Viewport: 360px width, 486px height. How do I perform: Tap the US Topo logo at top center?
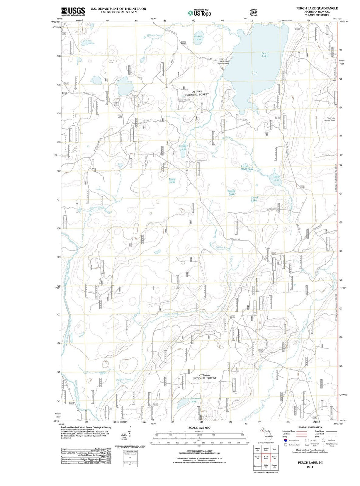tap(199, 13)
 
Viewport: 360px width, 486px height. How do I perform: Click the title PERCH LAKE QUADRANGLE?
tap(317, 8)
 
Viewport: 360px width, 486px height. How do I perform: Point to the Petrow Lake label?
tap(198, 38)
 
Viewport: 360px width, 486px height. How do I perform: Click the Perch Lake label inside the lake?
tap(265, 55)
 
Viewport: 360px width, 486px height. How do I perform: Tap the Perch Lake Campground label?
tap(224, 62)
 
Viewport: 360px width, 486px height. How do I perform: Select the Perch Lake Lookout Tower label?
tap(331, 119)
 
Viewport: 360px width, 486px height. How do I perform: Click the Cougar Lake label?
tap(183, 147)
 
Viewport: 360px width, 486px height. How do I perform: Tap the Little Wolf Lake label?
tap(247, 168)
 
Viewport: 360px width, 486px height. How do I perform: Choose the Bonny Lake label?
tap(231, 193)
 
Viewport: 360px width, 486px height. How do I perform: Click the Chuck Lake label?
tap(254, 199)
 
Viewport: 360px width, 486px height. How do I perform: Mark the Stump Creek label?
tap(97, 207)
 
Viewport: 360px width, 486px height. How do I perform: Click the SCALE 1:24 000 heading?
tap(199, 428)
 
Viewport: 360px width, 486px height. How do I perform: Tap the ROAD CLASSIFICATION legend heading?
tap(310, 427)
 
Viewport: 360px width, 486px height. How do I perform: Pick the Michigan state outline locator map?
tap(266, 434)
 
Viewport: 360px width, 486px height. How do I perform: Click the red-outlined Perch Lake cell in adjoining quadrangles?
tap(266, 457)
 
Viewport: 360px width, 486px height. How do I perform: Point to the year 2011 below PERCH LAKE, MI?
tap(310, 467)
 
